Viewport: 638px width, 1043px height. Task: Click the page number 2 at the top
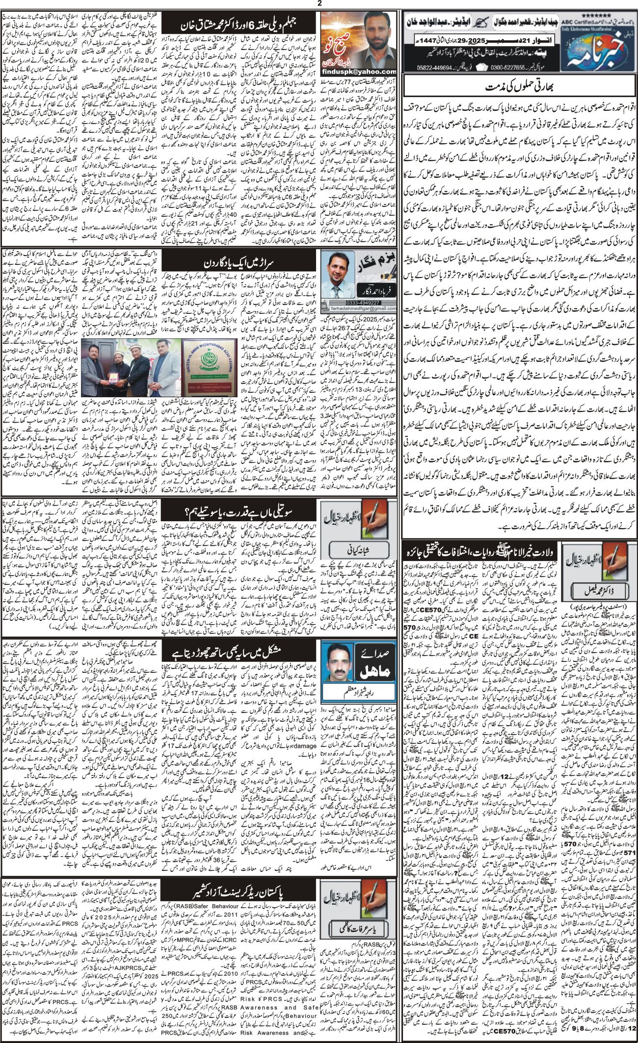tap(319, 3)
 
